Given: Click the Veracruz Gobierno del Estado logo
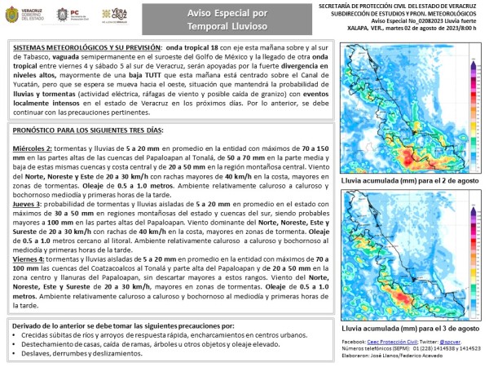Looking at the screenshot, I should click(29, 15).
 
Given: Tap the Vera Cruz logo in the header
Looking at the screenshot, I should click(114, 15).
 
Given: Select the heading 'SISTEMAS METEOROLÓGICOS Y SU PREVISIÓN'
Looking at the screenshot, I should click(84, 48).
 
